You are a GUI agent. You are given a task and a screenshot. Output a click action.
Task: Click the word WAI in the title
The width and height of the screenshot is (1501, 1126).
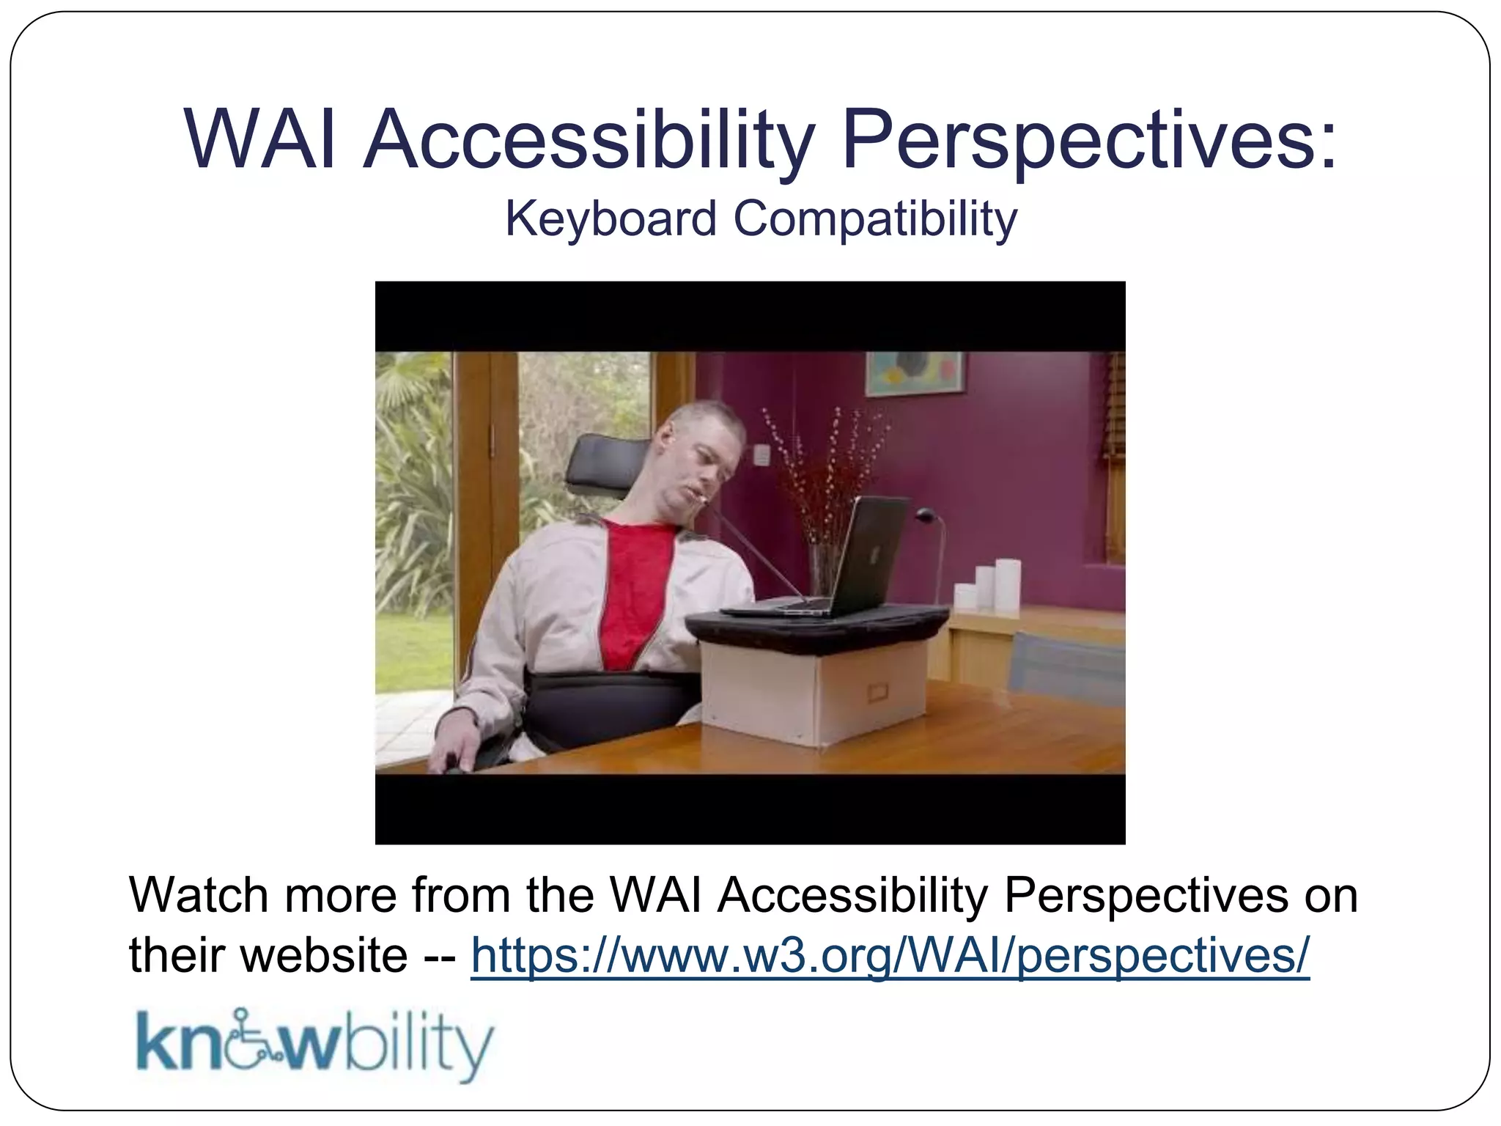coord(260,139)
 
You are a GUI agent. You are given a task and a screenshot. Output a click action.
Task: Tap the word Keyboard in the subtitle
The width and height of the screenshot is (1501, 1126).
coord(611,218)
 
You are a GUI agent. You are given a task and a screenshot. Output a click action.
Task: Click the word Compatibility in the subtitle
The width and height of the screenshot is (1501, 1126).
coord(875,218)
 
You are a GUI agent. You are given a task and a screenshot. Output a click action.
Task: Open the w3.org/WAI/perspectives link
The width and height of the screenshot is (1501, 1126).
coord(889,956)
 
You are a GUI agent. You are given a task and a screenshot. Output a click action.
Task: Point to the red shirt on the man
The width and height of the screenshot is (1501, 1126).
coord(630,586)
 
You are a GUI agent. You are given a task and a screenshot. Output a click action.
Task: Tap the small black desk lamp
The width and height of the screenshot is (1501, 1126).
coord(931,542)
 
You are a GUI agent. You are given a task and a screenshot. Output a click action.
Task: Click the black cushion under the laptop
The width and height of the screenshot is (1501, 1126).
coord(814,630)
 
